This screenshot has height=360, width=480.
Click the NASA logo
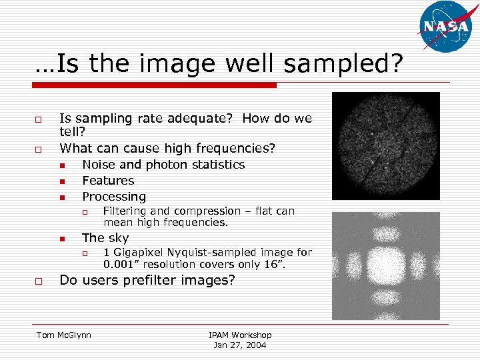(x=446, y=27)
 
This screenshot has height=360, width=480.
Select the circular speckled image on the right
(x=386, y=145)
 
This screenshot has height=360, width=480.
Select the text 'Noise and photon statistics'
(x=163, y=165)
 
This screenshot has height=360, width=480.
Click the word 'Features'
(x=108, y=181)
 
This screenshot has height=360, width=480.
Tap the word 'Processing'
(x=113, y=197)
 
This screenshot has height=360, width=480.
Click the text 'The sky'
(x=105, y=238)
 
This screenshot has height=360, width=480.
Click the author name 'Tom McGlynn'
(x=64, y=335)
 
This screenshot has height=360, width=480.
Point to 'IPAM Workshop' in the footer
(x=240, y=335)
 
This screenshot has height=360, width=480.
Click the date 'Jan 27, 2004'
(x=240, y=345)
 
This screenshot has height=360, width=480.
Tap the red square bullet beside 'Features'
(x=61, y=181)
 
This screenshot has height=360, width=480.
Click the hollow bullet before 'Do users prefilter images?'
(x=39, y=281)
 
